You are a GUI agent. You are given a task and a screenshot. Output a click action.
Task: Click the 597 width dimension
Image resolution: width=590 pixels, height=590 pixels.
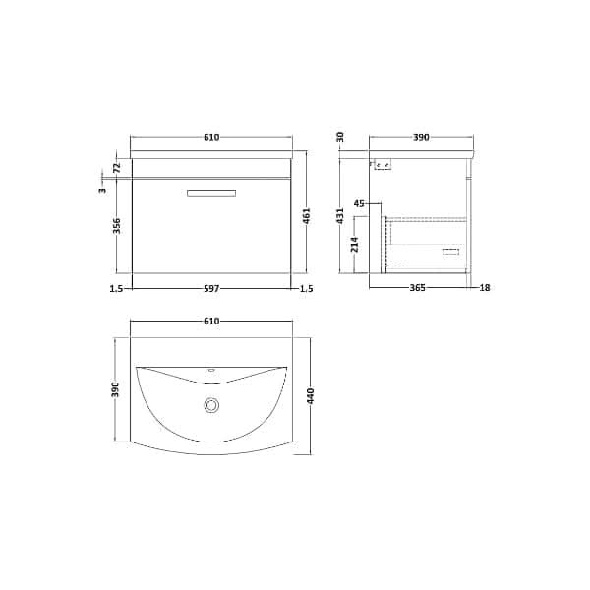coord(211,288)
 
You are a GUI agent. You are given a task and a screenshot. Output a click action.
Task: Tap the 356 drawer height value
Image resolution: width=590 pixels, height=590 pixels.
coord(116,225)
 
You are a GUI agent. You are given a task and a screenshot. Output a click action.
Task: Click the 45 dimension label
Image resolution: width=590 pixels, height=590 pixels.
coord(358,204)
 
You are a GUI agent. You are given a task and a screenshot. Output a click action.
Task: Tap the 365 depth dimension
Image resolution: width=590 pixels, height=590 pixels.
coord(417,288)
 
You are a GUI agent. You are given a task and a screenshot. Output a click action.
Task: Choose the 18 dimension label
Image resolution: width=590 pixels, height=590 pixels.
coord(484,288)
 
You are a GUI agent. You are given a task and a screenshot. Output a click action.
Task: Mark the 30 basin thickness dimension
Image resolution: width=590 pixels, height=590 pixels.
coord(340,137)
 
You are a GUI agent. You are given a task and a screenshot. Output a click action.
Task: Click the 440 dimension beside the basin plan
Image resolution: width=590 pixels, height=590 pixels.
coord(312,396)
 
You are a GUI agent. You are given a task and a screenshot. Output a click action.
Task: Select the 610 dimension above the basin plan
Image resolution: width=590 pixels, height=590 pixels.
coord(211,322)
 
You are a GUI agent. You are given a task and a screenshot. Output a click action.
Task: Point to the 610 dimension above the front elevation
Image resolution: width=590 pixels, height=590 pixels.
coord(211,137)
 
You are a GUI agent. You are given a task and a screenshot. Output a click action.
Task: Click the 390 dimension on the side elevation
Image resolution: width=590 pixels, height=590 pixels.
coord(421,137)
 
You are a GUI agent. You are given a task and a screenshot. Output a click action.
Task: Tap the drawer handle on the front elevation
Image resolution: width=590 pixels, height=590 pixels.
coord(211,192)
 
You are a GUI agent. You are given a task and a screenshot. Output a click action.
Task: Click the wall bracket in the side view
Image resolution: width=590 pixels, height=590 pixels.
coord(383,166)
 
